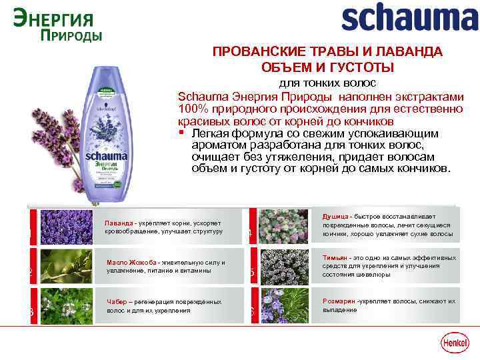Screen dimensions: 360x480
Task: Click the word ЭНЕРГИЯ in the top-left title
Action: pos(53,16)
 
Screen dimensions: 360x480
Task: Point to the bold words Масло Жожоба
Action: pos(131,262)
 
